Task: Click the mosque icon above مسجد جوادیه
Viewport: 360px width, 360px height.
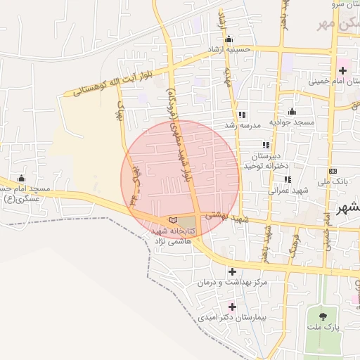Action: click(x=292, y=112)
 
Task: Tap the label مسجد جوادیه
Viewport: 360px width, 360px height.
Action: click(x=294, y=123)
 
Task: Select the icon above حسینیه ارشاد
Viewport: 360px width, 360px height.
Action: click(x=228, y=39)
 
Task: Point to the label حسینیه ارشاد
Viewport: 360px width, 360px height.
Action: click(x=228, y=51)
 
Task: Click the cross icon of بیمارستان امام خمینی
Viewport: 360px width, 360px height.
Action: click(x=342, y=70)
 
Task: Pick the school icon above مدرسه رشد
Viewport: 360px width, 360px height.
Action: click(x=242, y=115)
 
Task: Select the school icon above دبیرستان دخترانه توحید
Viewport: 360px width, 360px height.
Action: click(x=266, y=145)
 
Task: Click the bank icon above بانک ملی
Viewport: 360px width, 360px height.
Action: click(x=333, y=172)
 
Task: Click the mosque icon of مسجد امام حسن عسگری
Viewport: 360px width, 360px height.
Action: click(x=21, y=179)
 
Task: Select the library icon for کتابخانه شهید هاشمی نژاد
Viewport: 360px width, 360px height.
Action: click(x=173, y=220)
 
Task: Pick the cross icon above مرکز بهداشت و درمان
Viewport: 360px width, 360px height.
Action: click(x=232, y=271)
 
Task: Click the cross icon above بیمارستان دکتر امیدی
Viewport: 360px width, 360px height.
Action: click(x=232, y=307)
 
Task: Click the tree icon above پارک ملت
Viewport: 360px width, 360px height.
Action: click(x=323, y=317)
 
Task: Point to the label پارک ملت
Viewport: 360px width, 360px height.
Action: click(x=323, y=328)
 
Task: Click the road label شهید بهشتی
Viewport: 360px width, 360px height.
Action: click(x=223, y=217)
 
